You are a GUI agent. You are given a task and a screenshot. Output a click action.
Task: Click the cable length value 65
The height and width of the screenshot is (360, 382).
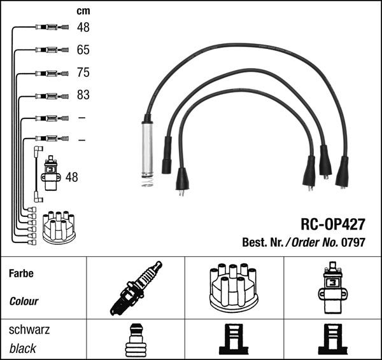[x=83, y=50]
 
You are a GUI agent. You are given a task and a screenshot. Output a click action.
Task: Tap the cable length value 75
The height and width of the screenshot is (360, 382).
[x=83, y=73]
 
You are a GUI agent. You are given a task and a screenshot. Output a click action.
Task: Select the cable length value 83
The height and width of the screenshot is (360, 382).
[x=83, y=95]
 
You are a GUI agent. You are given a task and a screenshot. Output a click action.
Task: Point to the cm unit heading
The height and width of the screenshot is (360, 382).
[x=83, y=11]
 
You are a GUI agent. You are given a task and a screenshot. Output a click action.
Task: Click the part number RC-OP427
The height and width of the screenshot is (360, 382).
[x=333, y=224]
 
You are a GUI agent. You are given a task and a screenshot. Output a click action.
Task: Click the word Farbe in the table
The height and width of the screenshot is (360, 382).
[x=21, y=273]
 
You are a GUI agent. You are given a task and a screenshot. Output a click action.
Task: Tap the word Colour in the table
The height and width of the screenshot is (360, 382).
[x=24, y=301]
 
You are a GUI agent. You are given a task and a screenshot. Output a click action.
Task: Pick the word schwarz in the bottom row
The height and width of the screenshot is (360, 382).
[x=29, y=329]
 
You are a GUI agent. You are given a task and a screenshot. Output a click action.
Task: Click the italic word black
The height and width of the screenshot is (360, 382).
[x=23, y=349]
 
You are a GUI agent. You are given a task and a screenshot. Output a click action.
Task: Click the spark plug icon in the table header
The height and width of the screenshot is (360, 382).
[x=136, y=288]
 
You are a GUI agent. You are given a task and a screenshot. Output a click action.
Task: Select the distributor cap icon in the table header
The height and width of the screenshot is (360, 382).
[x=234, y=288]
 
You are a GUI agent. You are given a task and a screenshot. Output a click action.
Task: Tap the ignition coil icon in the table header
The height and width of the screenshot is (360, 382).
[x=332, y=287]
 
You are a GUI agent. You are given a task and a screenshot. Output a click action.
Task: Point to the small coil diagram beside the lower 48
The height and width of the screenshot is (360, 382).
[x=51, y=173]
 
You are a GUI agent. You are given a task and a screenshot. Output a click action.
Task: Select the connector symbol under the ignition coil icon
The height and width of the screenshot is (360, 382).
[x=332, y=339]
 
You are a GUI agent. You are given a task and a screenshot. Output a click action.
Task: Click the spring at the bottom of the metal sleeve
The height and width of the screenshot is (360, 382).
[x=148, y=182]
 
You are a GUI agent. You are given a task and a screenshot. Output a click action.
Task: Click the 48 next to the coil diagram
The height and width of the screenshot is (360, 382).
[x=71, y=177]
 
